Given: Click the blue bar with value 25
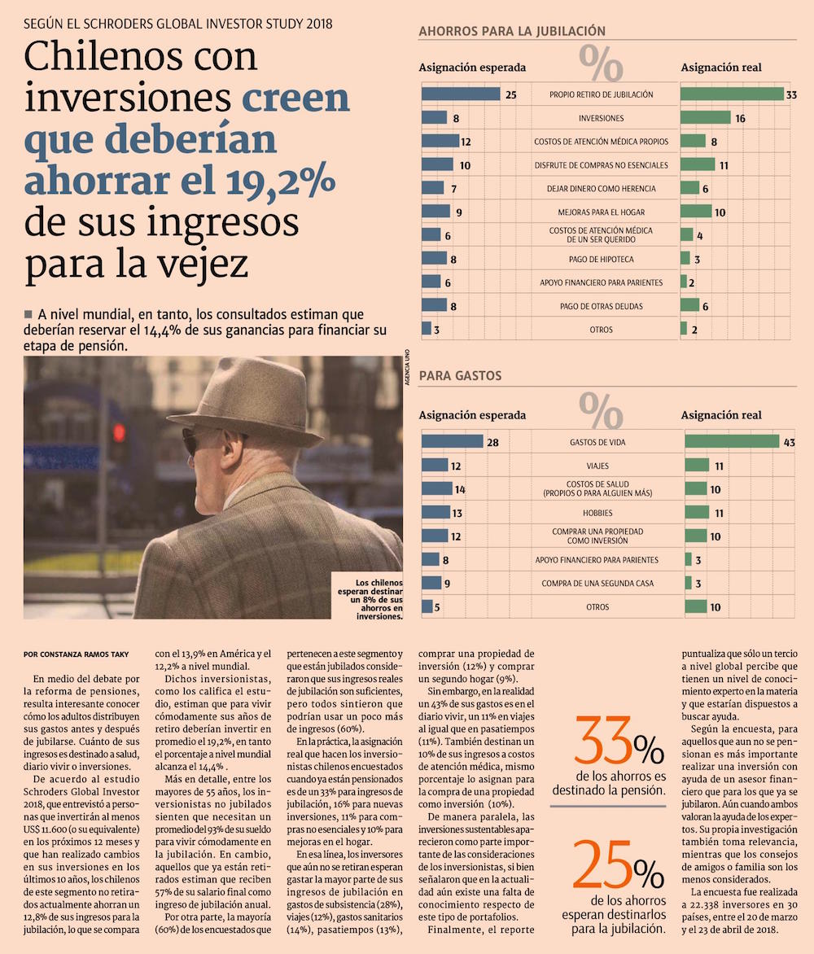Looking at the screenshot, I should click(460, 94).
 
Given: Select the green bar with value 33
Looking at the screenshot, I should click(732, 94).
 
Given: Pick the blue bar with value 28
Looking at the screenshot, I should click(452, 442).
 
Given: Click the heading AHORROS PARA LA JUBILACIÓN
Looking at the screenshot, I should click(512, 32).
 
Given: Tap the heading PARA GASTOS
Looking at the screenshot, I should click(460, 376).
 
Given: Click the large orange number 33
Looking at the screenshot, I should click(603, 742).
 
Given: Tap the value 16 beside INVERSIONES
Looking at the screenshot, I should click(740, 118).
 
